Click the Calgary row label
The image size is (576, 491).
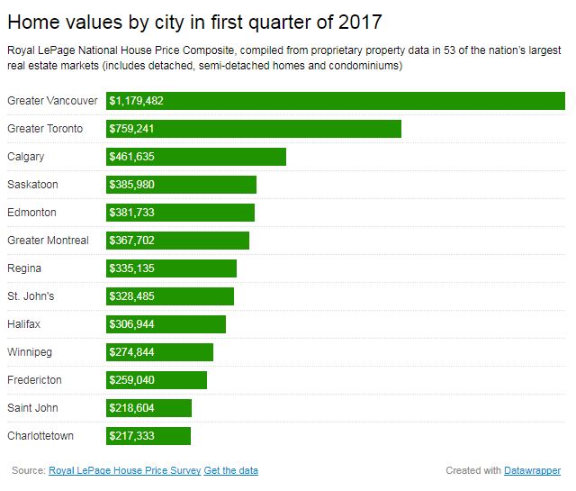[25, 157]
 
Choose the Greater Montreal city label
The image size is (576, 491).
[48, 241]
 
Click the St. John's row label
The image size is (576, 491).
[31, 296]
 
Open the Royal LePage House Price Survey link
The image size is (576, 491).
[124, 470]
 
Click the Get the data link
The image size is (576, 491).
[231, 470]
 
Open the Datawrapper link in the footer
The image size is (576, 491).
[533, 470]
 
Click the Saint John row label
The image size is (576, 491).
[32, 408]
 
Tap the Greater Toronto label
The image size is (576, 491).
[45, 129]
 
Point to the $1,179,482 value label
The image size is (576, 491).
[136, 101]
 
